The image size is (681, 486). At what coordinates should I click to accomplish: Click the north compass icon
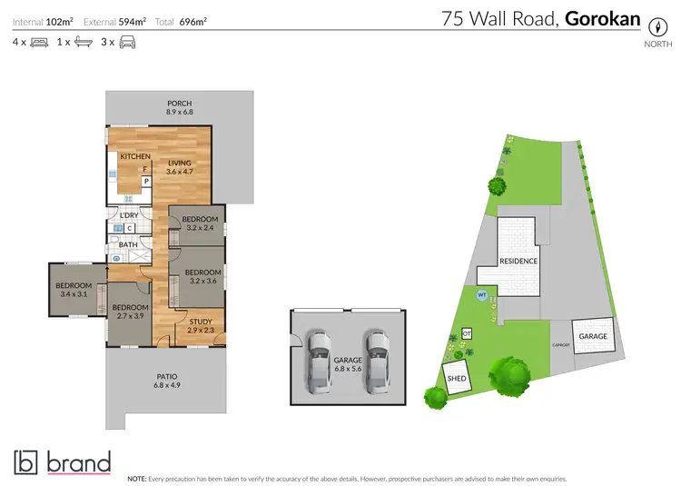[x=652, y=26]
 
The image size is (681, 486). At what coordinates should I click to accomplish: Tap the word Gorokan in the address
[x=603, y=18]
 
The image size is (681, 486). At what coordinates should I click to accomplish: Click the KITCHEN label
[x=135, y=157]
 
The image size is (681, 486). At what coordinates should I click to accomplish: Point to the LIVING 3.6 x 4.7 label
[x=179, y=167]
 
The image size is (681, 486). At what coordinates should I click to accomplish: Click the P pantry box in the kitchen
[x=145, y=181]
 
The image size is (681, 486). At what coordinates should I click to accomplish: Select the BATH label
[x=127, y=244]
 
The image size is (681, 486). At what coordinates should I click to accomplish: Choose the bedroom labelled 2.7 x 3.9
[x=129, y=312]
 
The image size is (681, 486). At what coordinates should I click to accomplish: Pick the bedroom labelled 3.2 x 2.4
[x=200, y=223]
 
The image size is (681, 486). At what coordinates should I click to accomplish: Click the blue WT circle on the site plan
[x=481, y=294]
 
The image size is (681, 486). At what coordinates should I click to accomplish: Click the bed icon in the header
[x=38, y=42]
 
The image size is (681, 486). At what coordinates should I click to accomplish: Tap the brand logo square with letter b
[x=26, y=462]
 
